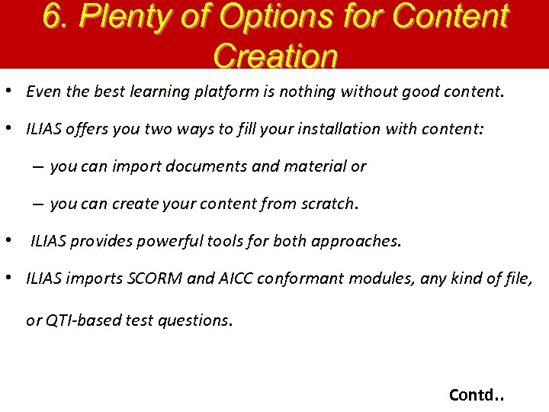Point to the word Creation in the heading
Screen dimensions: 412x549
click(275, 55)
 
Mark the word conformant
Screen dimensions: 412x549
click(300, 278)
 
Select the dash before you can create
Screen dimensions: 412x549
click(37, 204)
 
